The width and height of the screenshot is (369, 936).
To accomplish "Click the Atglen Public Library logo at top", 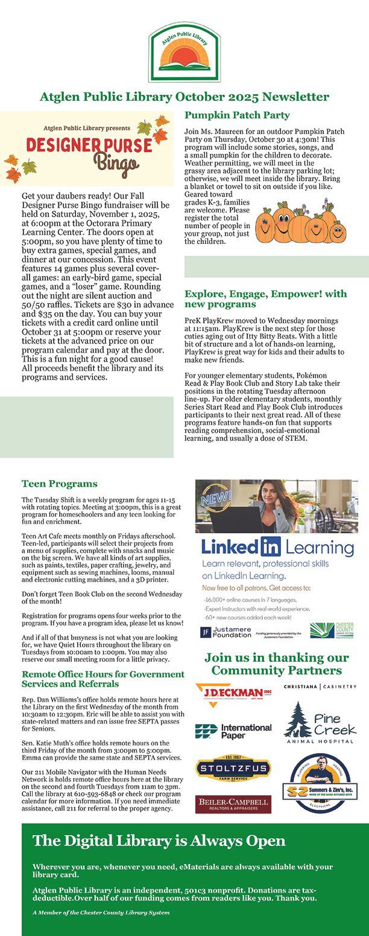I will (184, 53).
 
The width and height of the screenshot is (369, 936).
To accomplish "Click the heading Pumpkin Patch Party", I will (237, 115).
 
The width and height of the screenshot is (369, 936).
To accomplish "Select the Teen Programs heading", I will (59, 484).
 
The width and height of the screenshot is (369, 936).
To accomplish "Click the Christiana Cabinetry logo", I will (320, 687).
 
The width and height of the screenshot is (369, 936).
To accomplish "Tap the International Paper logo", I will (233, 731).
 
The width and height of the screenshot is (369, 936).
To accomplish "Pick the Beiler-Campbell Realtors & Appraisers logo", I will (233, 804).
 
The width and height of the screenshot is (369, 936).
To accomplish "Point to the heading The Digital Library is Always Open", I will (159, 841).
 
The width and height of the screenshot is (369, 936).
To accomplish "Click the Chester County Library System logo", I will (332, 630).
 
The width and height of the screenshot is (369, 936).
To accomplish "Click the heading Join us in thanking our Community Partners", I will (277, 664).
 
